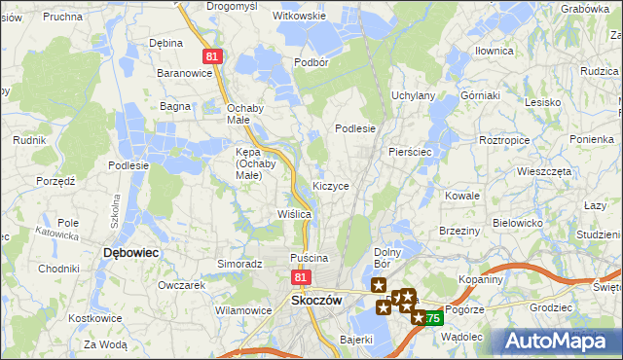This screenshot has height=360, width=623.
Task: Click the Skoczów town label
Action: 316,301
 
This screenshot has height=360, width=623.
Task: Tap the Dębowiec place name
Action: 130,252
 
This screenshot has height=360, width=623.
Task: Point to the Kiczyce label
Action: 331,185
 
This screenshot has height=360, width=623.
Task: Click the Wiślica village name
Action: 294,213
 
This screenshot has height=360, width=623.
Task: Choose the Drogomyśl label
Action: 231,6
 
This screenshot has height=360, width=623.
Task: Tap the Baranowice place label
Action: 185,73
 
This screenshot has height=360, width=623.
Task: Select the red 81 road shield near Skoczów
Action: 299,278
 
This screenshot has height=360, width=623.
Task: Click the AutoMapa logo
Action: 562,341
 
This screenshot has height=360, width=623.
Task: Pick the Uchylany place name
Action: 413,95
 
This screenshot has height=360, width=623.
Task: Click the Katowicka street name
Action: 56,234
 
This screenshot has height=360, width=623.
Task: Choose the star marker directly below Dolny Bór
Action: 378,283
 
